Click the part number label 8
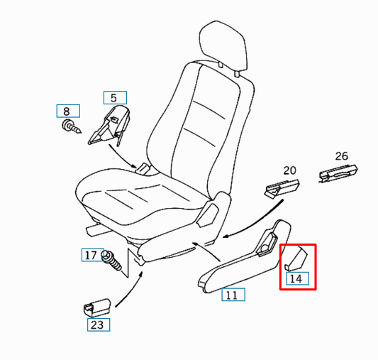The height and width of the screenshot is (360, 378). tap(67, 111)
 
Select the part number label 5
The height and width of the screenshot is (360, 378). tap(113, 99)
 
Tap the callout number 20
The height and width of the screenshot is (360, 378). tap(289, 170)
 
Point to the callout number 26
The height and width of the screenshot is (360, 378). tap(341, 156)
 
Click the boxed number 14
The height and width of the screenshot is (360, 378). tap(296, 278)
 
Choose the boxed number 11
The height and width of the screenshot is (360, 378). tap(231, 295)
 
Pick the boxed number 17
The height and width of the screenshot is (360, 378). tap(91, 255)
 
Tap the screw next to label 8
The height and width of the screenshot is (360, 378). tap(69, 129)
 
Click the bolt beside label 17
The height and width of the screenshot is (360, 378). tap(112, 261)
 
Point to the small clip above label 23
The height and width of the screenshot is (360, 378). tap(96, 306)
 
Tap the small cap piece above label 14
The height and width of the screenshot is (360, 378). tap(292, 258)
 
